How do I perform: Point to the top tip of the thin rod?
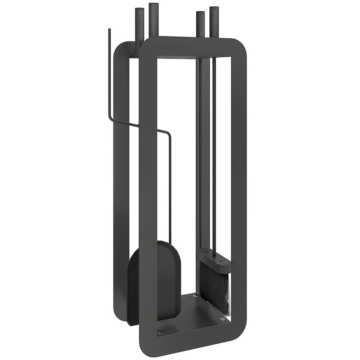[x=109, y=31]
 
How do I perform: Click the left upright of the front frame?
[x=147, y=193]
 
